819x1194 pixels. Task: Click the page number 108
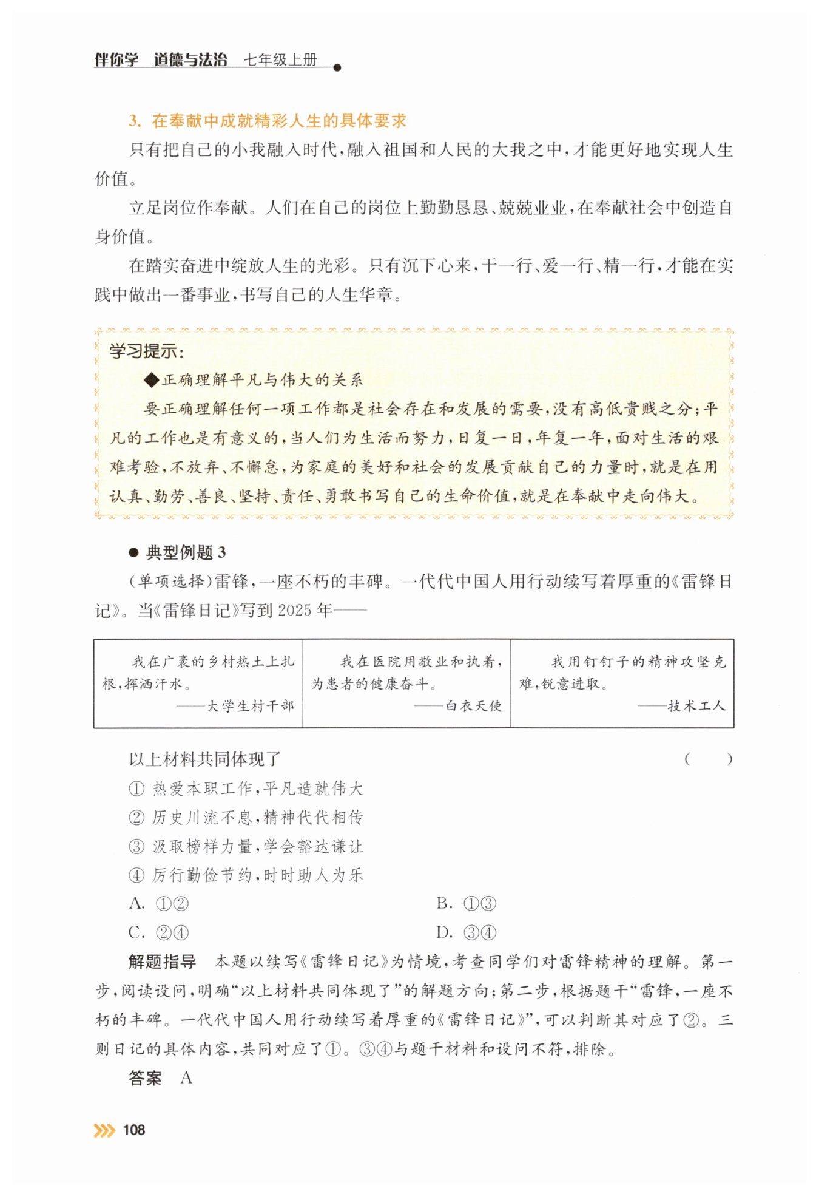click(133, 1130)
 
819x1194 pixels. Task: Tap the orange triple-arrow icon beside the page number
click(104, 1130)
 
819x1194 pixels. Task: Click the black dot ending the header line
click(337, 67)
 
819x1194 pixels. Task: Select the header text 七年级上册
click(280, 59)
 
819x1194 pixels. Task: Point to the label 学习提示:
click(146, 351)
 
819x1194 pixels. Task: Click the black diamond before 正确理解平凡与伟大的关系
click(151, 381)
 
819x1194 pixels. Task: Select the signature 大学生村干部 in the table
click(251, 706)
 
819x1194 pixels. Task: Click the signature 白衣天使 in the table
click(474, 706)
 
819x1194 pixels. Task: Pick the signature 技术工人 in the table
click(697, 706)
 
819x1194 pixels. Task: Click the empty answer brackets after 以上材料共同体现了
click(708, 759)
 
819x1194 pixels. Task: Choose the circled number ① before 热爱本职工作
click(136, 789)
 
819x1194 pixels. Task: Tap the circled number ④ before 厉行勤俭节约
click(136, 875)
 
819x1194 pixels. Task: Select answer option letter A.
click(136, 904)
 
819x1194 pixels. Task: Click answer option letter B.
click(444, 904)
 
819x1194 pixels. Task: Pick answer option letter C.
click(136, 933)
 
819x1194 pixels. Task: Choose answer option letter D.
click(444, 933)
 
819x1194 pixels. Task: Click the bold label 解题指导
click(162, 962)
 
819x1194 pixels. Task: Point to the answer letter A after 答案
click(186, 1078)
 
